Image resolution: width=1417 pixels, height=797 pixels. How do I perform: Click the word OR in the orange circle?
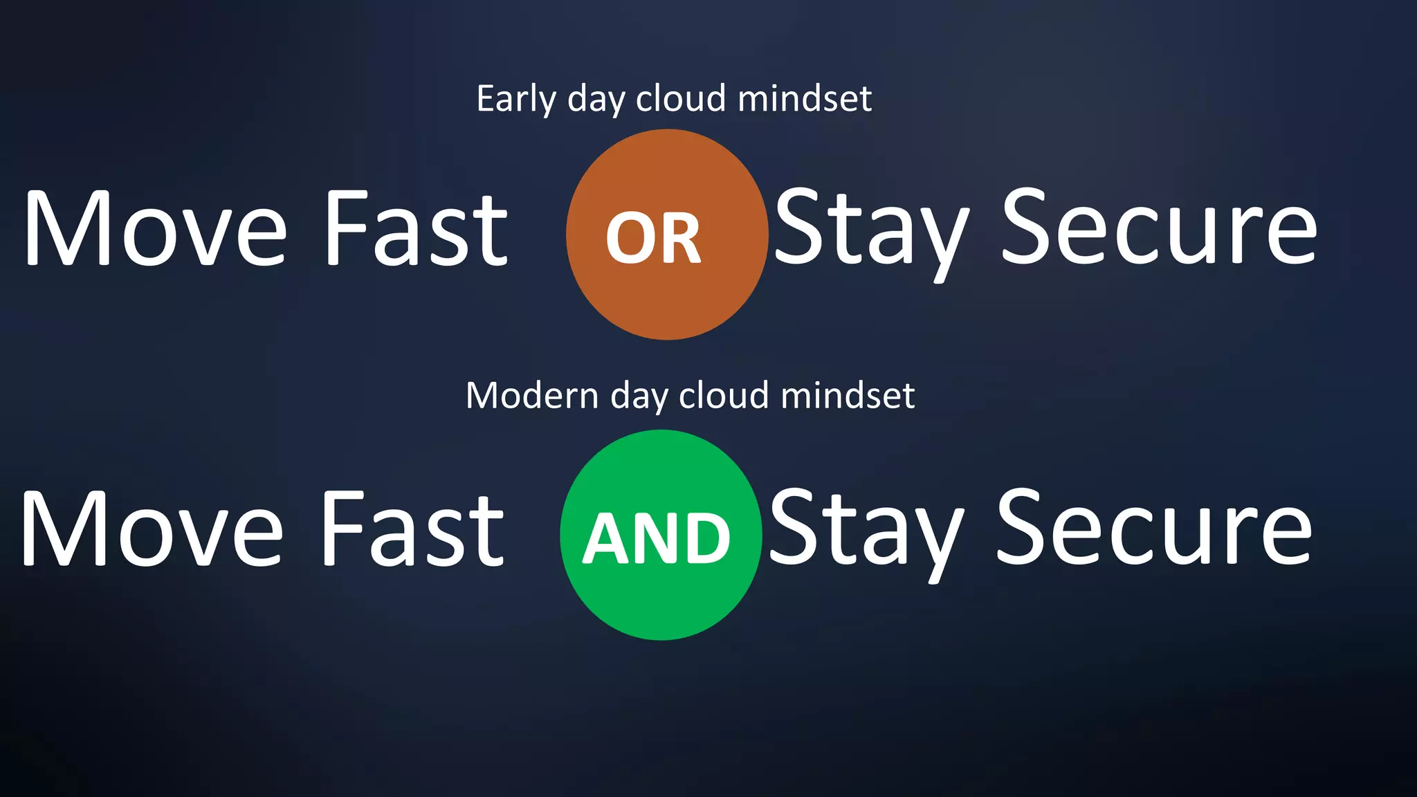point(653,239)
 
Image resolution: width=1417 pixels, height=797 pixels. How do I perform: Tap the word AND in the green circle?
point(657,539)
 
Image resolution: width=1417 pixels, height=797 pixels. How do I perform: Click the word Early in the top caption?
point(516,99)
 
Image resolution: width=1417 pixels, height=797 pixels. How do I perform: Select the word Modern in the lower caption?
point(531,396)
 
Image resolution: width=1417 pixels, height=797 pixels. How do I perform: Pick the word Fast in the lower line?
point(413,529)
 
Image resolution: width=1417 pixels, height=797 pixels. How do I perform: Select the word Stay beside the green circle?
point(866,529)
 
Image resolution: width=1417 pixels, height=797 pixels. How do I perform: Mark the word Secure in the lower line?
point(1153,529)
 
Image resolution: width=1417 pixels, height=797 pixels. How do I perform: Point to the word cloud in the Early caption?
point(681,99)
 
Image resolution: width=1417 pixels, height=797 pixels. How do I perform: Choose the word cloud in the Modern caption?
point(724,396)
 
